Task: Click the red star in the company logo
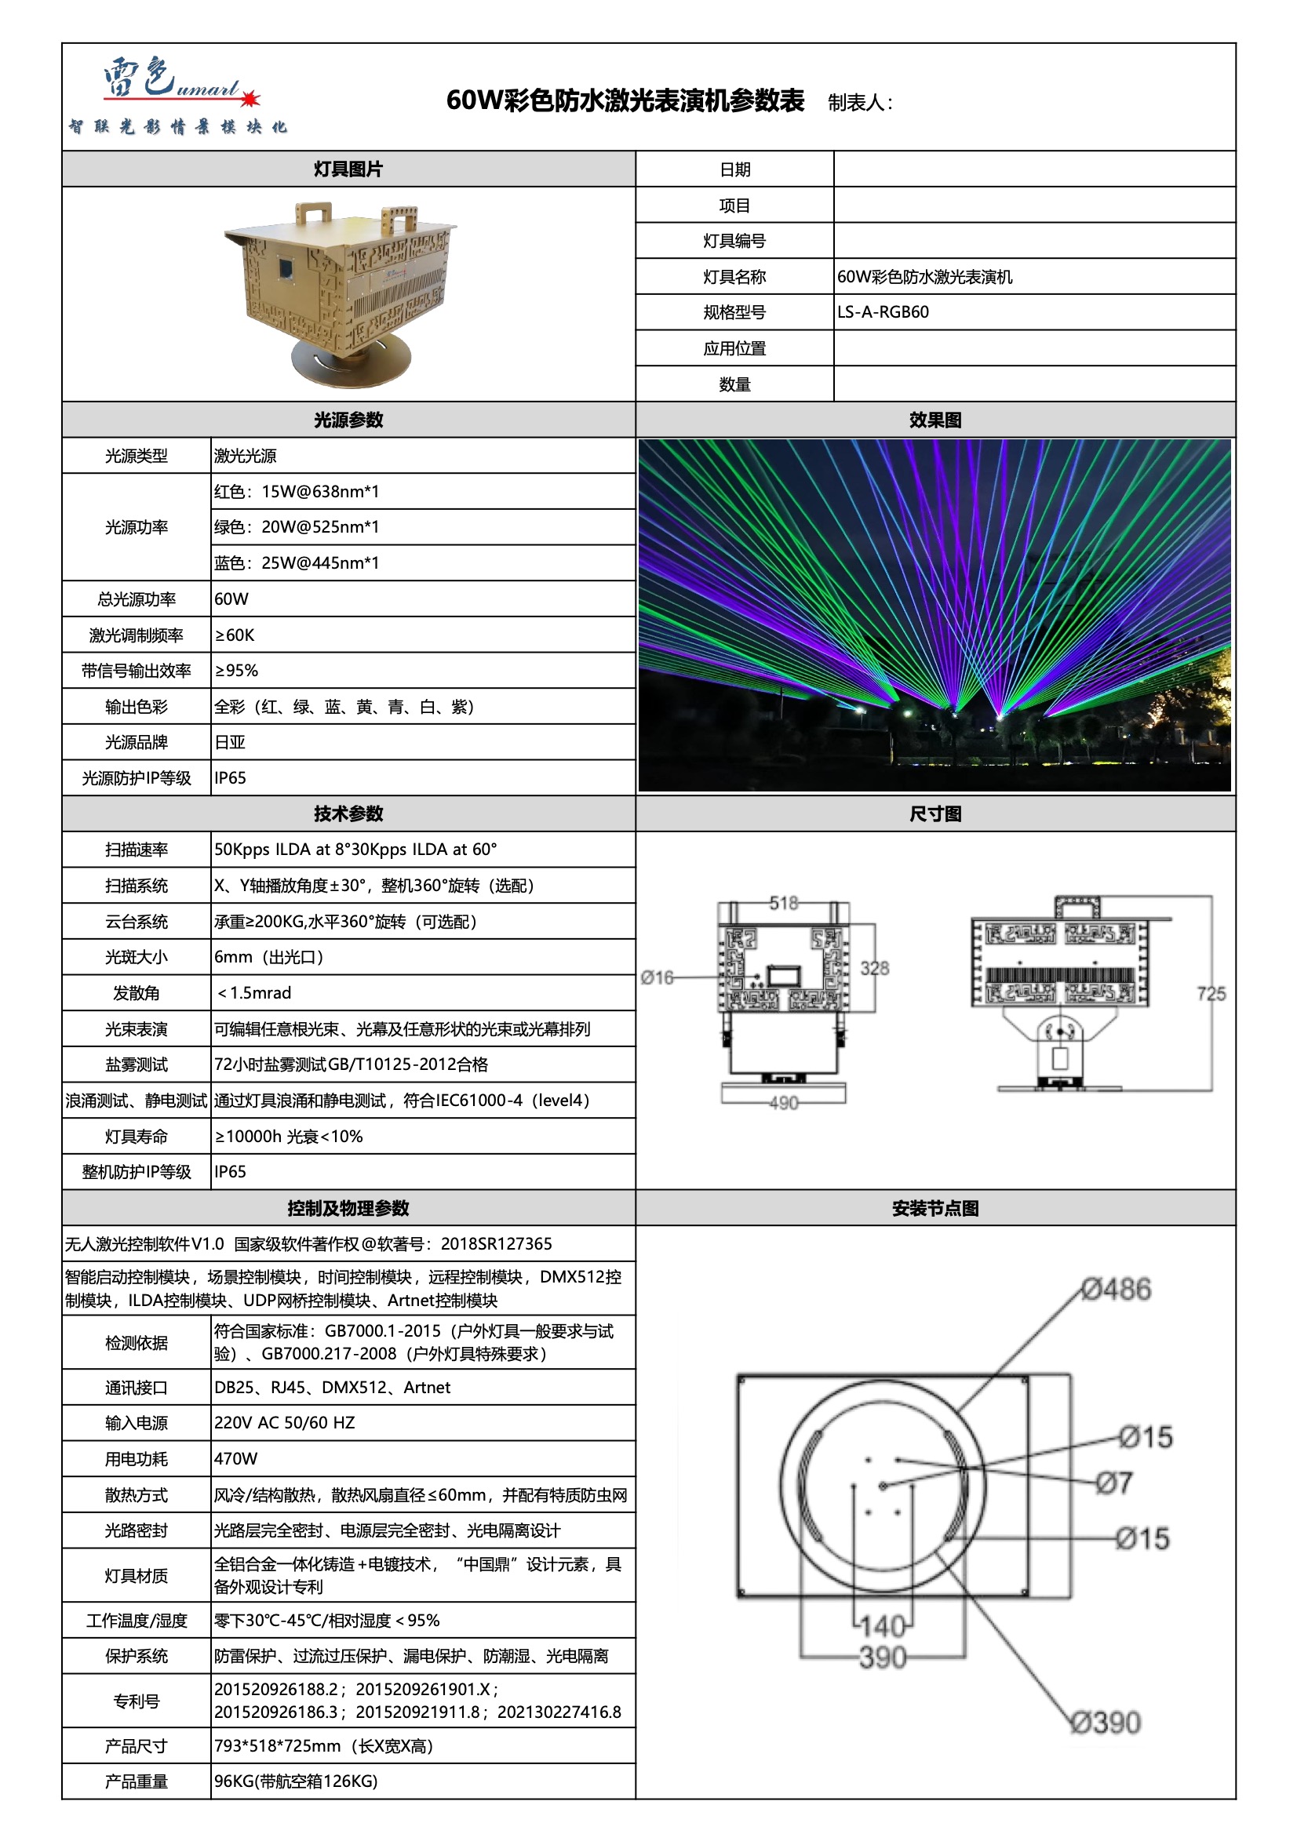[x=250, y=98]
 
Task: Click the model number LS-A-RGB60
[x=882, y=312]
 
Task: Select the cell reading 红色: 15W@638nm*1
[x=297, y=491]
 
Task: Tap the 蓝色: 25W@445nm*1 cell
[x=297, y=563]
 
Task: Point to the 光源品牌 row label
[x=136, y=742]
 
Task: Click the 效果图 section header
[x=934, y=420]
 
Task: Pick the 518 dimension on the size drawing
[x=783, y=903]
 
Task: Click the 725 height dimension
[x=1211, y=994]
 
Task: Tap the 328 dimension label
[x=874, y=968]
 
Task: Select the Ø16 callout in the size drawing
[x=657, y=977]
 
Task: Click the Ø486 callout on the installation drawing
[x=1117, y=1290]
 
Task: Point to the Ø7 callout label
[x=1114, y=1483]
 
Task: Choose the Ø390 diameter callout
[x=1106, y=1722]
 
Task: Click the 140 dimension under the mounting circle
[x=883, y=1625]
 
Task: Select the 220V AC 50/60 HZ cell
[x=285, y=1423]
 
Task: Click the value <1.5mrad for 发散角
[x=254, y=993]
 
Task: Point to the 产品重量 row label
[x=136, y=1781]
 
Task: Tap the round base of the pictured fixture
[x=351, y=363]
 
